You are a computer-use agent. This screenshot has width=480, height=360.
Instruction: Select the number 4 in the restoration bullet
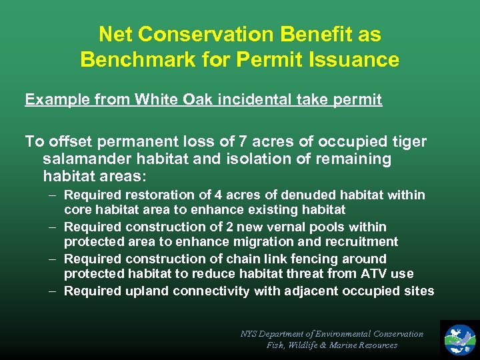[x=219, y=195]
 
